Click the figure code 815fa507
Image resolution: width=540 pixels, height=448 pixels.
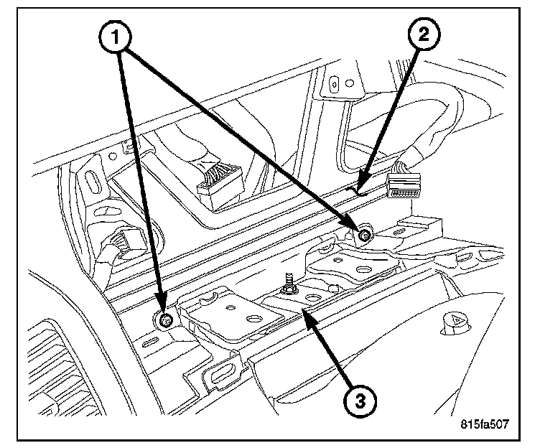pos(485,424)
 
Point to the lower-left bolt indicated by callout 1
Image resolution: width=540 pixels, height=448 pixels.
pos(164,320)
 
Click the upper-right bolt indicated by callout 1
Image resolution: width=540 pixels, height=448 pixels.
pos(365,233)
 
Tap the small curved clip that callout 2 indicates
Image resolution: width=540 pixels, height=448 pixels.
pos(357,191)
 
